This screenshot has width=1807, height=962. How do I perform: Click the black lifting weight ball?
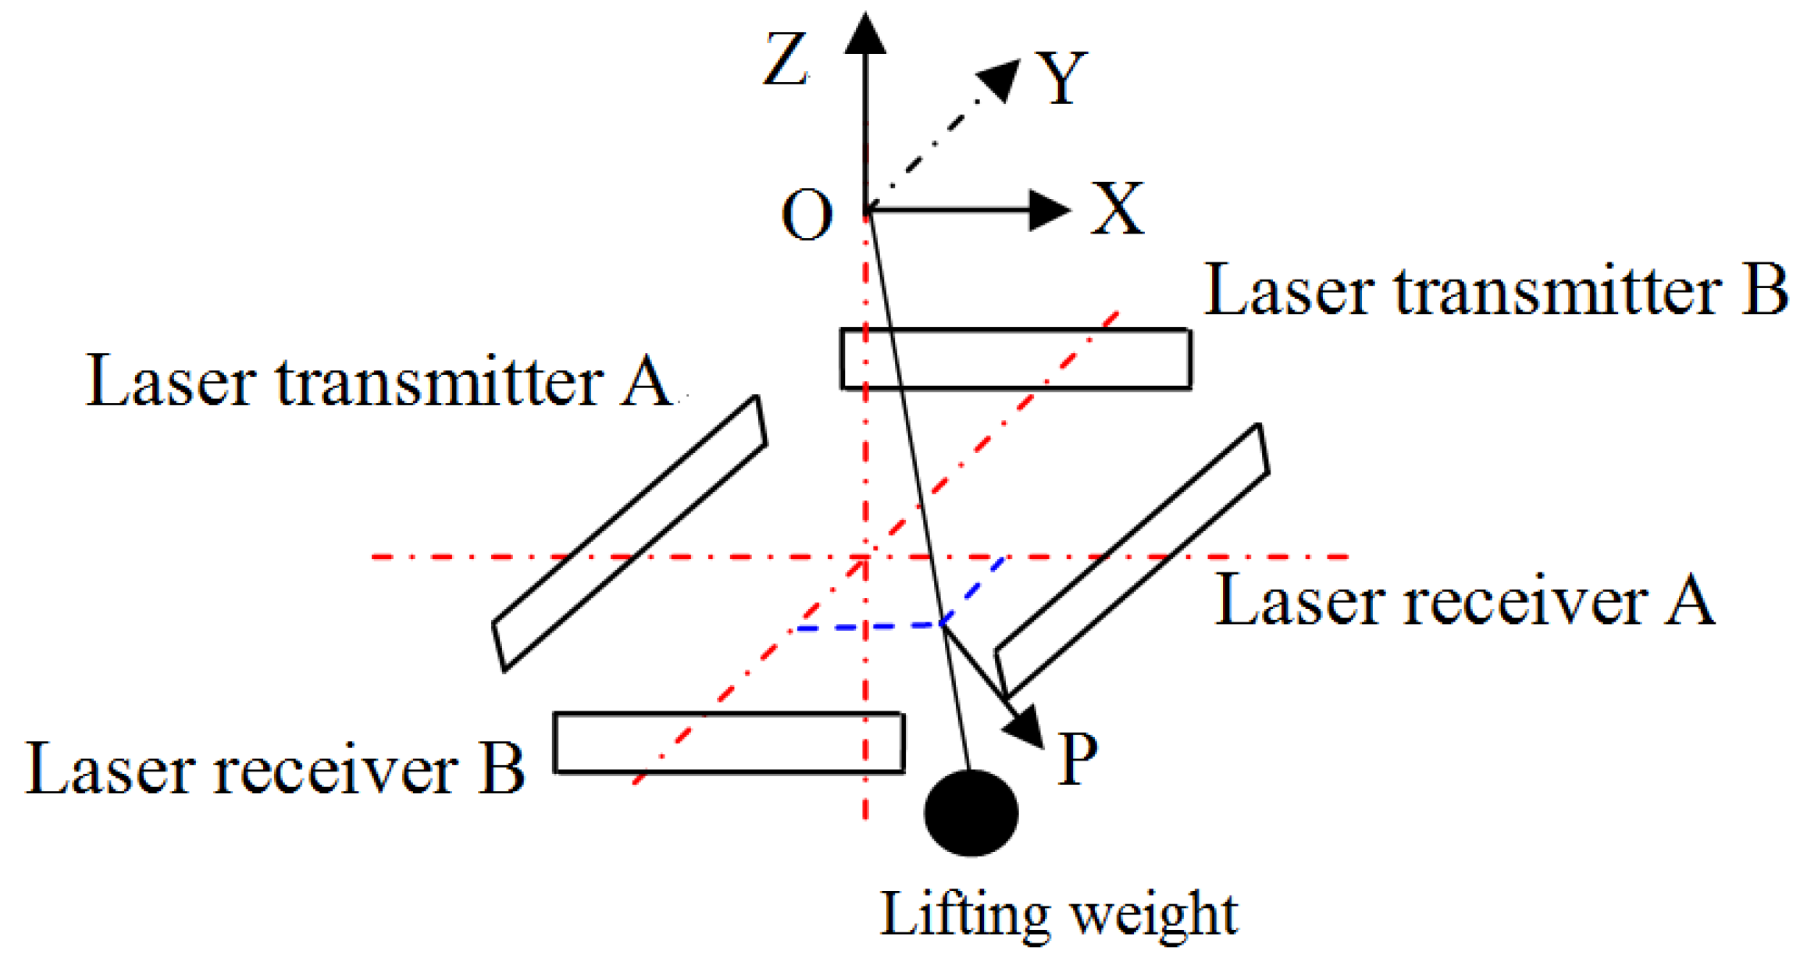pyautogui.click(x=971, y=813)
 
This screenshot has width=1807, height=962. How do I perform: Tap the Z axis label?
pyautogui.click(x=785, y=59)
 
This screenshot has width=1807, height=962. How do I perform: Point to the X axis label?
pyautogui.click(x=1117, y=208)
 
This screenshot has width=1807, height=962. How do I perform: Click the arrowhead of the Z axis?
pyautogui.click(x=865, y=35)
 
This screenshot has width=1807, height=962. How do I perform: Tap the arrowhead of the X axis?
pyautogui.click(x=1048, y=210)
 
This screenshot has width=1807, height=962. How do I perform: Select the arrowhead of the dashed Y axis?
pyautogui.click(x=1001, y=79)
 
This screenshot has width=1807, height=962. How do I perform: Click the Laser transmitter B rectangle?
pyautogui.click(x=1015, y=359)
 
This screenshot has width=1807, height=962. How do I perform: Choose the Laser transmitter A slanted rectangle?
pyautogui.click(x=629, y=533)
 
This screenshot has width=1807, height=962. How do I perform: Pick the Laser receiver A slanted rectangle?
pyautogui.click(x=1132, y=561)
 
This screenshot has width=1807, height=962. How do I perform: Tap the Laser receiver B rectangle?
pyautogui.click(x=729, y=743)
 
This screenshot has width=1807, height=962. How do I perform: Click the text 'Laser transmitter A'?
pyautogui.click(x=378, y=382)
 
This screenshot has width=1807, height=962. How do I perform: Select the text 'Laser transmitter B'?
pyautogui.click(x=1495, y=290)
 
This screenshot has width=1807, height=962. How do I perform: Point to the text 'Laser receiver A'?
pyautogui.click(x=1465, y=600)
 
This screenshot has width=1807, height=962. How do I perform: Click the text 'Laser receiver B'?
pyautogui.click(x=275, y=769)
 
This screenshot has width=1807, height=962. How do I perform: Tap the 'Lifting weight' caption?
pyautogui.click(x=1059, y=914)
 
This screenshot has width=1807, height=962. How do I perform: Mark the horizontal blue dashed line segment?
pyautogui.click(x=867, y=627)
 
